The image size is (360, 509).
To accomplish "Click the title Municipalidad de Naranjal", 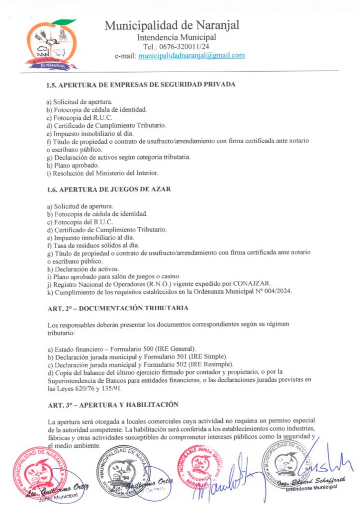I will click(x=172, y=25).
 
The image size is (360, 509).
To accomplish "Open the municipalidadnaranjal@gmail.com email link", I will click(x=191, y=56).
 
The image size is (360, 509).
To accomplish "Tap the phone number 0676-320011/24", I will click(x=180, y=46).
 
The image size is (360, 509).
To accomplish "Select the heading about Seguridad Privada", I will click(x=141, y=84).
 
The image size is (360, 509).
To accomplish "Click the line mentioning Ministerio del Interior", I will click(x=102, y=172).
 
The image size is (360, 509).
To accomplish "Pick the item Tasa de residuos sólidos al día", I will click(x=86, y=245).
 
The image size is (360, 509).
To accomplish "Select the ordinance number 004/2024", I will click(x=277, y=291).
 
